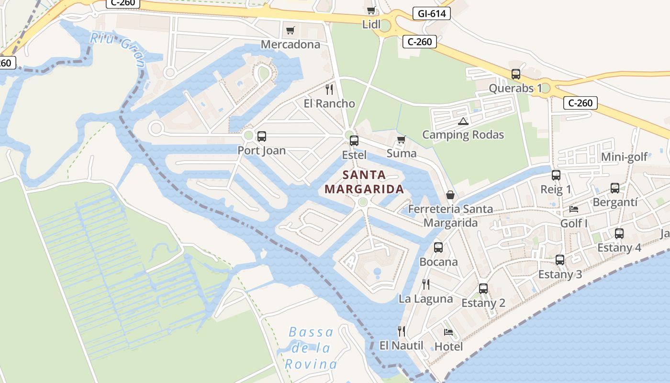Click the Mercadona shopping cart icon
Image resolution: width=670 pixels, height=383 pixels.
tap(290, 31)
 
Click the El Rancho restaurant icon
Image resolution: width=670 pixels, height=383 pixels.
tap(329, 89)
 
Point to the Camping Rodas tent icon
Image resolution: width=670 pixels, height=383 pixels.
tap(462, 121)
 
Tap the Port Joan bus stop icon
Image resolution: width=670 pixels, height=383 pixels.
tap(261, 136)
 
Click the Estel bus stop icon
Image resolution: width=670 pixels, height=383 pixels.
tap(354, 141)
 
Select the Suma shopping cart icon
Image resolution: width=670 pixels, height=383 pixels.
tap(401, 139)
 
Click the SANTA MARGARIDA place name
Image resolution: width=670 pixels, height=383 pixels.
tap(364, 182)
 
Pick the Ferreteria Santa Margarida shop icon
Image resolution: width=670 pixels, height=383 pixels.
tap(450, 195)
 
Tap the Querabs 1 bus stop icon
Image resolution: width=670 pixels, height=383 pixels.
tap(515, 74)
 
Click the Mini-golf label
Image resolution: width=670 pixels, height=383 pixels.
tap(624, 157)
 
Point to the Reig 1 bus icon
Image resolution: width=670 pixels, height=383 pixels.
tap(556, 175)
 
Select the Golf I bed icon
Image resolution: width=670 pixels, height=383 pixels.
tap(574, 209)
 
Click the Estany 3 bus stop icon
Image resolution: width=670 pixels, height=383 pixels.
tap(560, 260)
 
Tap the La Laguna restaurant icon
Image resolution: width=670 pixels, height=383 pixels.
tap(426, 284)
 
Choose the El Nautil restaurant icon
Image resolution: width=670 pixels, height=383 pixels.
tap(402, 331)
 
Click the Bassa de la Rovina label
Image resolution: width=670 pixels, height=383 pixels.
tap(311, 348)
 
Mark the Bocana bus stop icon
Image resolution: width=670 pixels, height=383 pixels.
tap(438, 248)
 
